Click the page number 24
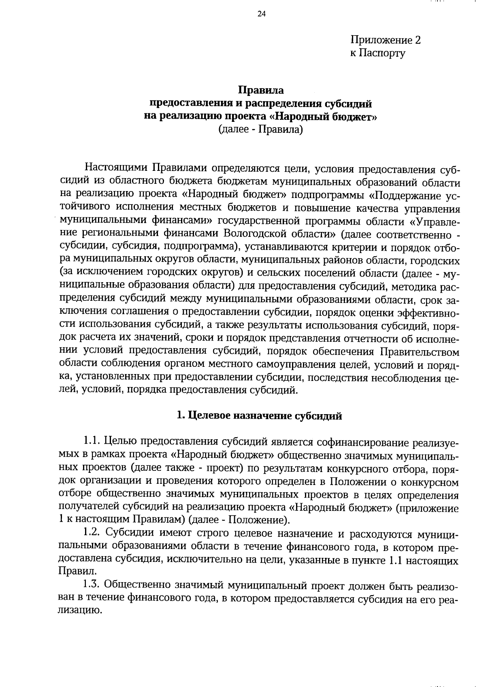[x=261, y=14]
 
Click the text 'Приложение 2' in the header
[x=386, y=40]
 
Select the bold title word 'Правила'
[x=261, y=90]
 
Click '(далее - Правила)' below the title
[x=261, y=130]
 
